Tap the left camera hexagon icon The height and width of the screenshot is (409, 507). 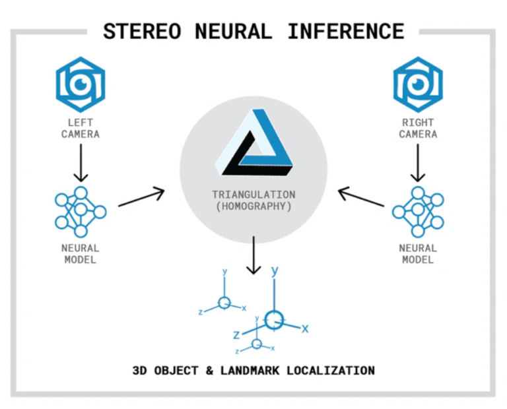(80, 84)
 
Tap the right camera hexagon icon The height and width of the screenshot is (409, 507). (418, 84)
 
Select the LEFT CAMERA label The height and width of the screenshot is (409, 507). (80, 127)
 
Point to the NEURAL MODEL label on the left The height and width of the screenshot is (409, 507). (80, 254)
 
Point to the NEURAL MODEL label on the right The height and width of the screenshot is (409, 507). (418, 254)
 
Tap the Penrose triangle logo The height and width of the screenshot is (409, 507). (255, 143)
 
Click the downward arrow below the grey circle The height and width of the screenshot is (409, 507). (253, 257)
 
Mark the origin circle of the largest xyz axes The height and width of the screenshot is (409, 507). (273, 320)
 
